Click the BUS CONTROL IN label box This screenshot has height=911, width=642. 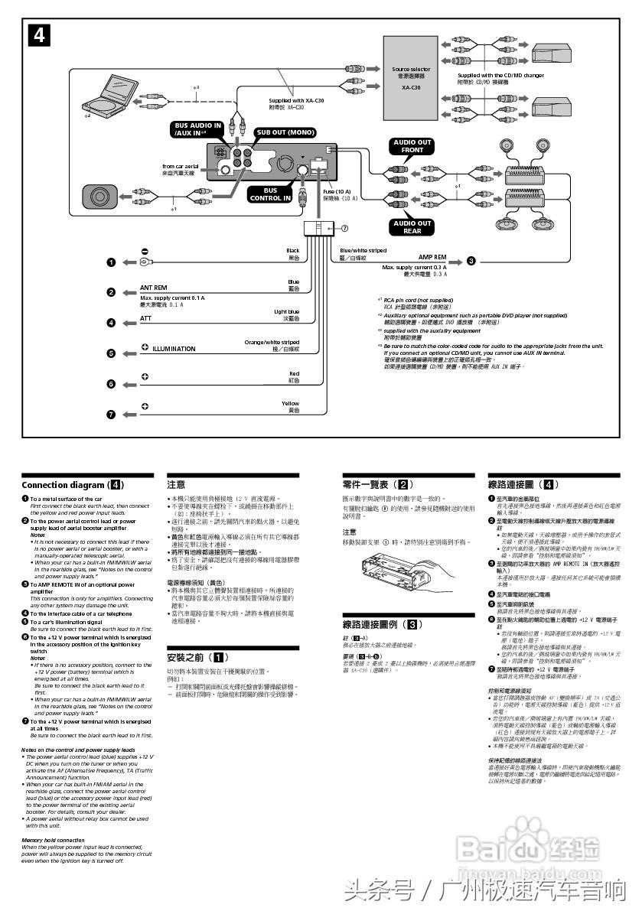pyautogui.click(x=270, y=194)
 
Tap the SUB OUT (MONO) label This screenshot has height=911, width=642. pyautogui.click(x=285, y=132)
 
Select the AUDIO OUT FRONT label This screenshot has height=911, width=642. pyautogui.click(x=412, y=146)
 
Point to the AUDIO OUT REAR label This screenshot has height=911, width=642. pyautogui.click(x=412, y=227)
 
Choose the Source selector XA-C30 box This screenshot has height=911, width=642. pyautogui.click(x=411, y=78)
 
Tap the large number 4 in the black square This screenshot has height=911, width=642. pyautogui.click(x=40, y=36)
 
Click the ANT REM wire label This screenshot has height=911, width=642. pyautogui.click(x=154, y=288)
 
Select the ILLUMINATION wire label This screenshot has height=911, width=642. pyautogui.click(x=174, y=349)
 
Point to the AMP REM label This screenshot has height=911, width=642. pyautogui.click(x=432, y=258)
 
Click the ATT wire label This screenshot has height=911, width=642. pyautogui.click(x=146, y=318)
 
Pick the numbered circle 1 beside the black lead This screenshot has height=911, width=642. pyautogui.click(x=111, y=262)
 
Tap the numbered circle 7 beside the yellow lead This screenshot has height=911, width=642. pyautogui.click(x=111, y=414)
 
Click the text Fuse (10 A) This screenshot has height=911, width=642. pyautogui.click(x=337, y=191)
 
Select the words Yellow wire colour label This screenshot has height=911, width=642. pyautogui.click(x=290, y=403)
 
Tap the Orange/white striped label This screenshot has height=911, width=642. pyautogui.click(x=272, y=343)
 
